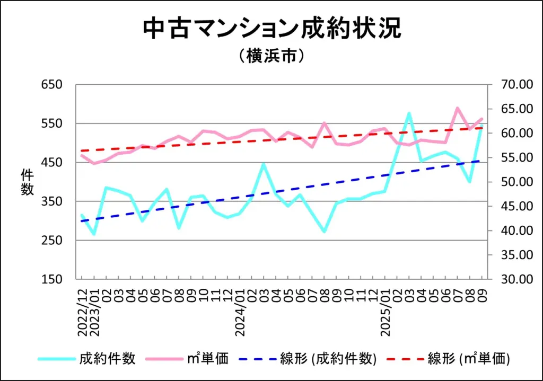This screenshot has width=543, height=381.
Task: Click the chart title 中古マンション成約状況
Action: [271, 29]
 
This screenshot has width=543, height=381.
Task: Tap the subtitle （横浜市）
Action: [271, 56]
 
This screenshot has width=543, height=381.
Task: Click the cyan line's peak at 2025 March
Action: [409, 113]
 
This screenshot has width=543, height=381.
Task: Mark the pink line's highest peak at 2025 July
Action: [457, 108]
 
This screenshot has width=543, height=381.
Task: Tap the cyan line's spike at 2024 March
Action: [264, 164]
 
